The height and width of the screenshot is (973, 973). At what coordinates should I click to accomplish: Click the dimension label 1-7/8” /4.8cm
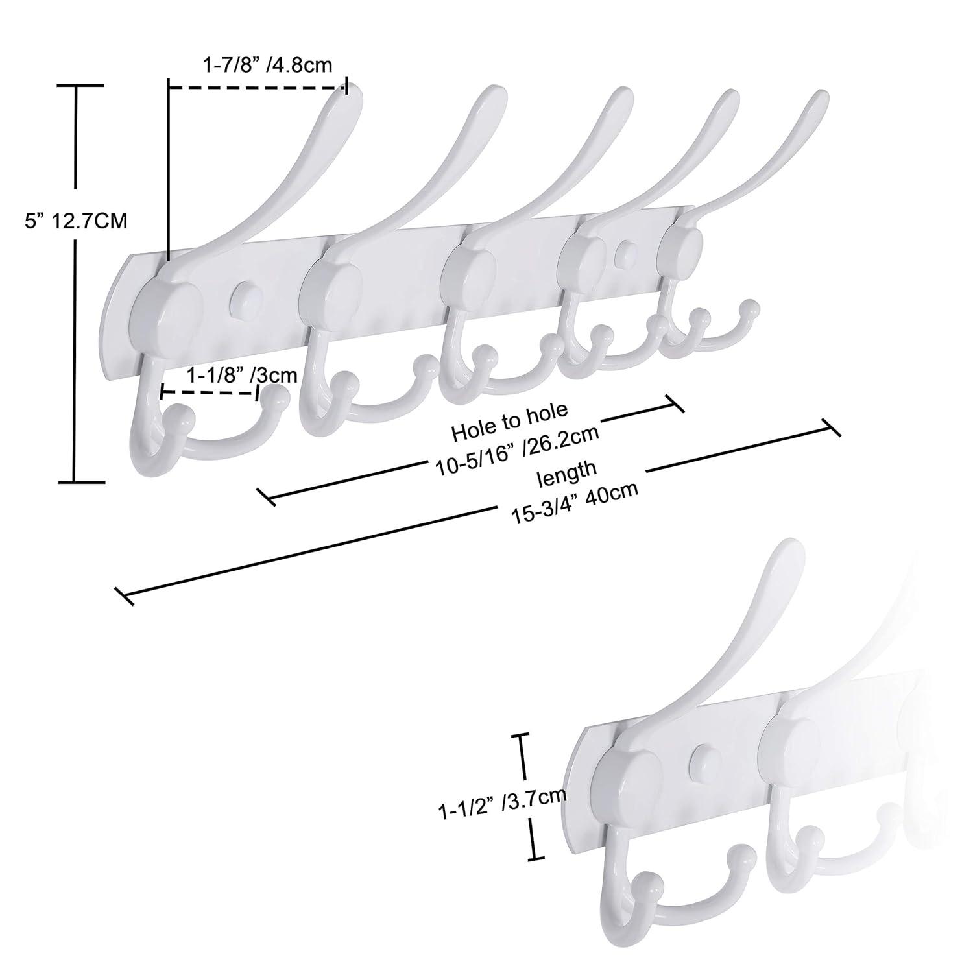pos(267,65)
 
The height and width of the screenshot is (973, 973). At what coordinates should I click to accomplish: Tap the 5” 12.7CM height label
pos(76,222)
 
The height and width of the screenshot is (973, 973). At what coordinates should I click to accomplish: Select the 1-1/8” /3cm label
pos(241,375)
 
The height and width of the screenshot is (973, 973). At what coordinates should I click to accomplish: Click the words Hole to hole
pos(509,420)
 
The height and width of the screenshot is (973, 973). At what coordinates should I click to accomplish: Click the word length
pos(566,472)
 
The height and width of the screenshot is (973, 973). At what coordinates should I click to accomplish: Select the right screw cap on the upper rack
pos(626,251)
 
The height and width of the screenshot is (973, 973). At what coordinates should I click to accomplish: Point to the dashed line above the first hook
pos(258,86)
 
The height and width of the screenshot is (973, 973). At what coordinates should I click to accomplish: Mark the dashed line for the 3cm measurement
pos(210,392)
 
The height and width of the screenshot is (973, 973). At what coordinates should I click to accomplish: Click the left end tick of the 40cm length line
pos(123,595)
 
